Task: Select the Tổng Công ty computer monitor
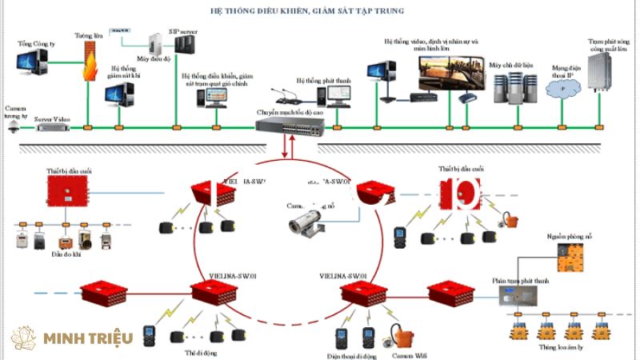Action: tap(32, 61)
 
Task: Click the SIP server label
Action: tap(182, 31)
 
